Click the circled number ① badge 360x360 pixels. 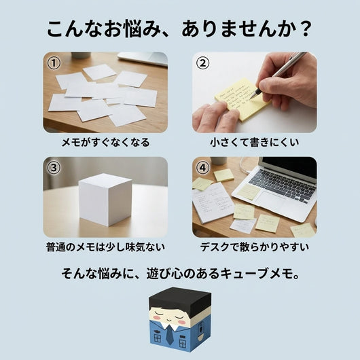point(54,63)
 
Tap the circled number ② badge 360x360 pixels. point(202,63)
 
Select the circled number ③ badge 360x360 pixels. point(54,168)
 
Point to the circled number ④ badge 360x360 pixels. point(202,168)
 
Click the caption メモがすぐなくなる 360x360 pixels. point(105,143)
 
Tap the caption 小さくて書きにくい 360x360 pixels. point(255,143)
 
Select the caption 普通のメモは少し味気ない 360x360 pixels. point(105,247)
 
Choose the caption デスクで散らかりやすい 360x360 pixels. point(255,247)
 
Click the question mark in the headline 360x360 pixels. point(306,29)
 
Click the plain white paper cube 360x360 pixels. point(105,200)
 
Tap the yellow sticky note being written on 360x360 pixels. point(243,99)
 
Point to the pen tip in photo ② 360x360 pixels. point(251,98)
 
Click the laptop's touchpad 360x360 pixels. point(270,201)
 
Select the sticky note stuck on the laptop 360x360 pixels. point(249,192)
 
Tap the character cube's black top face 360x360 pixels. point(180,295)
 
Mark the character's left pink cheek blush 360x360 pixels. point(156,317)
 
